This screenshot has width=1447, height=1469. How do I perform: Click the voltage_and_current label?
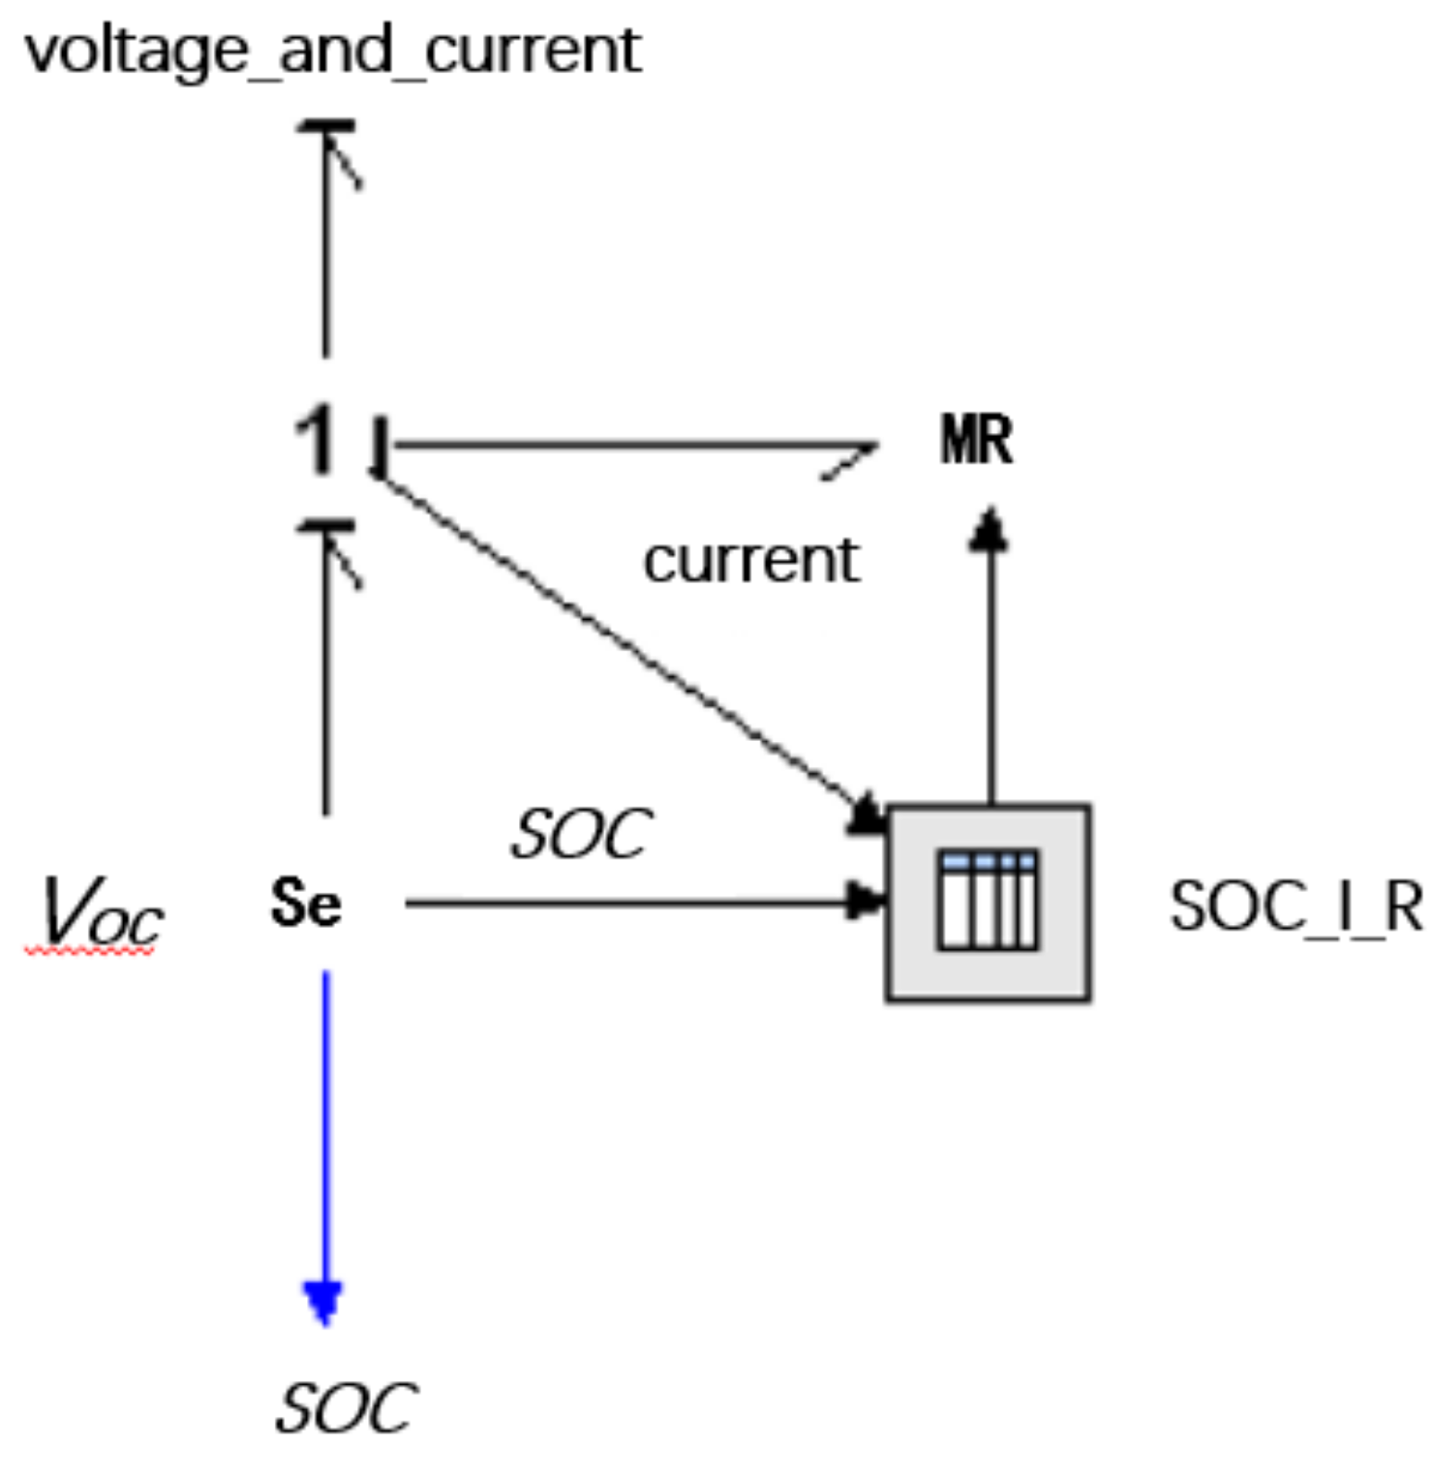333,50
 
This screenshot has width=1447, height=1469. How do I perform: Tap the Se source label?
306,903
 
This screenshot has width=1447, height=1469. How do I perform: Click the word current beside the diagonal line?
751,561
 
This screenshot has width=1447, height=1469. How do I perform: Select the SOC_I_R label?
1295,907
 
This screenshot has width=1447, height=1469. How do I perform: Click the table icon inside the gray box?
987,900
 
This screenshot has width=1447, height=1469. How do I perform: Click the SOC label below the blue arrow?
346,1408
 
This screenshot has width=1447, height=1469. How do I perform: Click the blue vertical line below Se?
325,1129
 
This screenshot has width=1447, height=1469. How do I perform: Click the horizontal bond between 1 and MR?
629,446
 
